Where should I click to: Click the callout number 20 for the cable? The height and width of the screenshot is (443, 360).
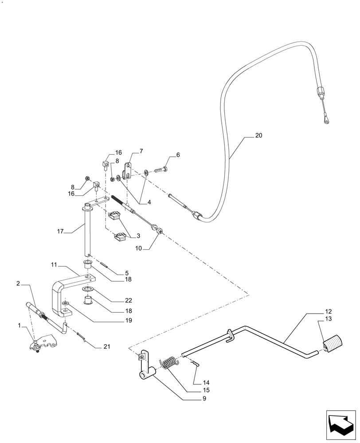[259, 136]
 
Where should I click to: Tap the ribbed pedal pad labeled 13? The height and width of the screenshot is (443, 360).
[333, 344]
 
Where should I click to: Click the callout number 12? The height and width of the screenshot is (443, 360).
[328, 311]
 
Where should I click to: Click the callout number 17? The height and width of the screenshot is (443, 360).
[61, 231]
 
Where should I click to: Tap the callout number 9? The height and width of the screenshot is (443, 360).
[204, 399]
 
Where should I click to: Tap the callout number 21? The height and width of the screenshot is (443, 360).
[106, 346]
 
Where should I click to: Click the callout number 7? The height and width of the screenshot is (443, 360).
[141, 152]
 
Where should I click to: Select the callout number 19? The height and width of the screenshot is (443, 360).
[128, 320]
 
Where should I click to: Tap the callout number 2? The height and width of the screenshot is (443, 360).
[18, 283]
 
